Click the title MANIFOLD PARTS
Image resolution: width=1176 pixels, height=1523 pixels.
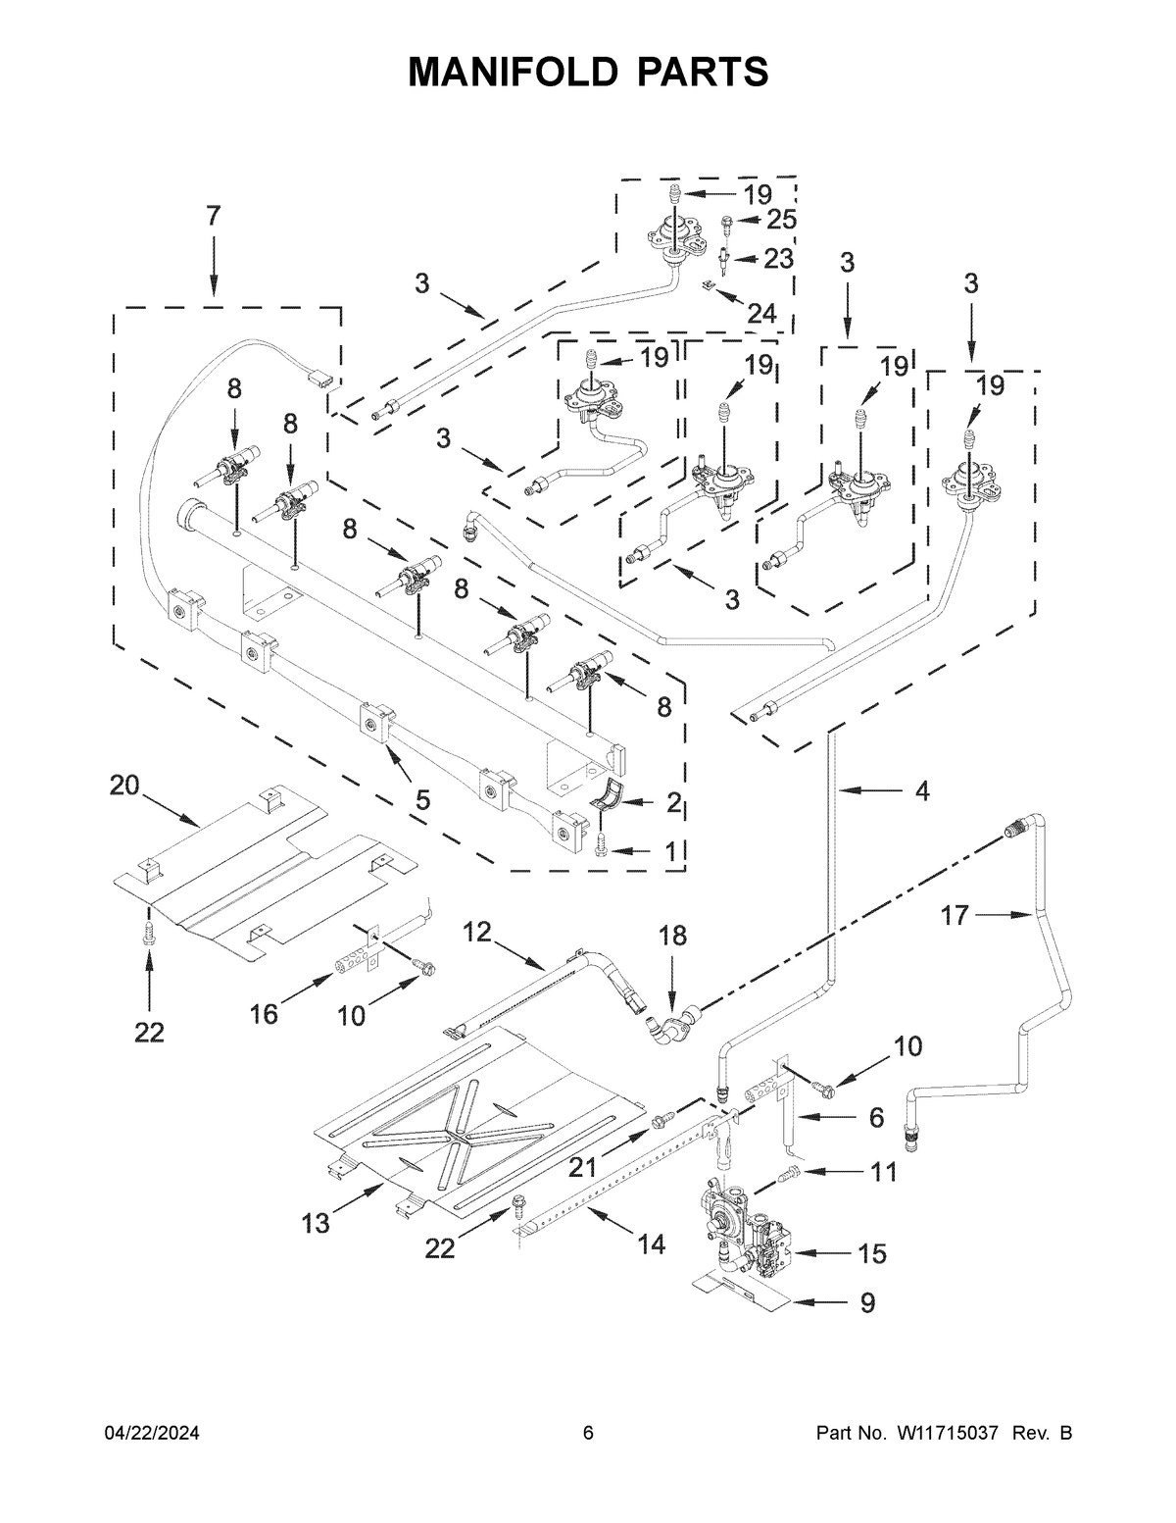pyautogui.click(x=588, y=72)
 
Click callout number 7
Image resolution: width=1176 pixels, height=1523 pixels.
pyautogui.click(x=214, y=216)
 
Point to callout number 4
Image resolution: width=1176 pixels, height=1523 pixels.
pyautogui.click(x=922, y=790)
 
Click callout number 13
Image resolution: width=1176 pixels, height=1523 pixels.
pyautogui.click(x=316, y=1222)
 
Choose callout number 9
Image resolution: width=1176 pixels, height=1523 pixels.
pyautogui.click(x=866, y=1302)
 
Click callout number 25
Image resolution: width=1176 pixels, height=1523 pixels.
pyautogui.click(x=781, y=219)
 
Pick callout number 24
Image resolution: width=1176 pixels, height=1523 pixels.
pyautogui.click(x=760, y=313)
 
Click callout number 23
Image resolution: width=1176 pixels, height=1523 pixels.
pyautogui.click(x=778, y=259)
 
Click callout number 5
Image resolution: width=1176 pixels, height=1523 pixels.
pyautogui.click(x=421, y=799)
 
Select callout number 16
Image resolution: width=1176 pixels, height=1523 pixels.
pyautogui.click(x=265, y=1013)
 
